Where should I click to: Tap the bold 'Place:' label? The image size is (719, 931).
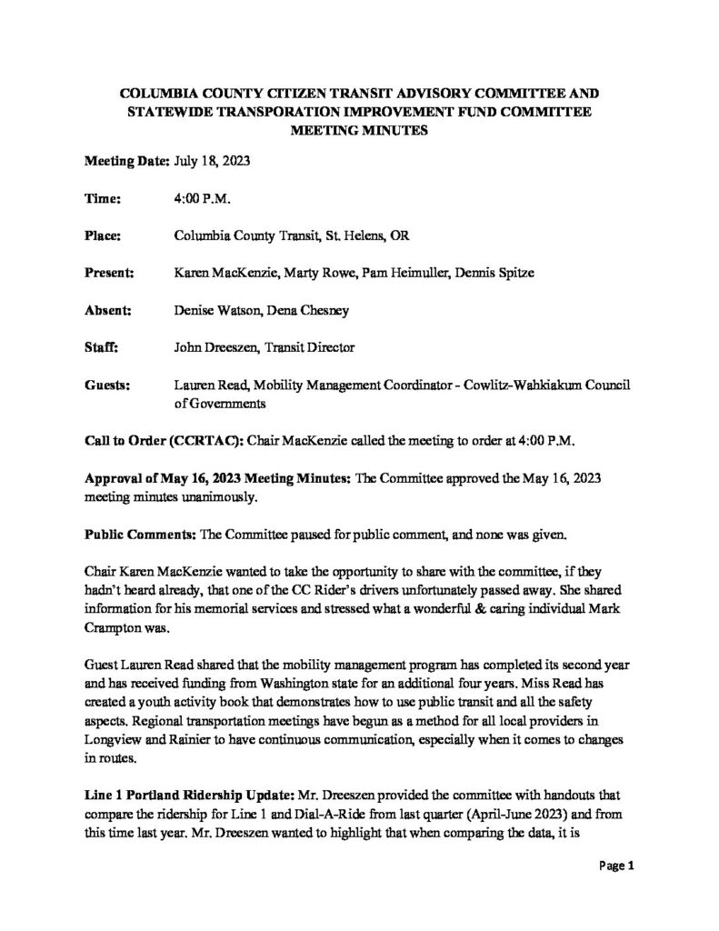click(x=103, y=235)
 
